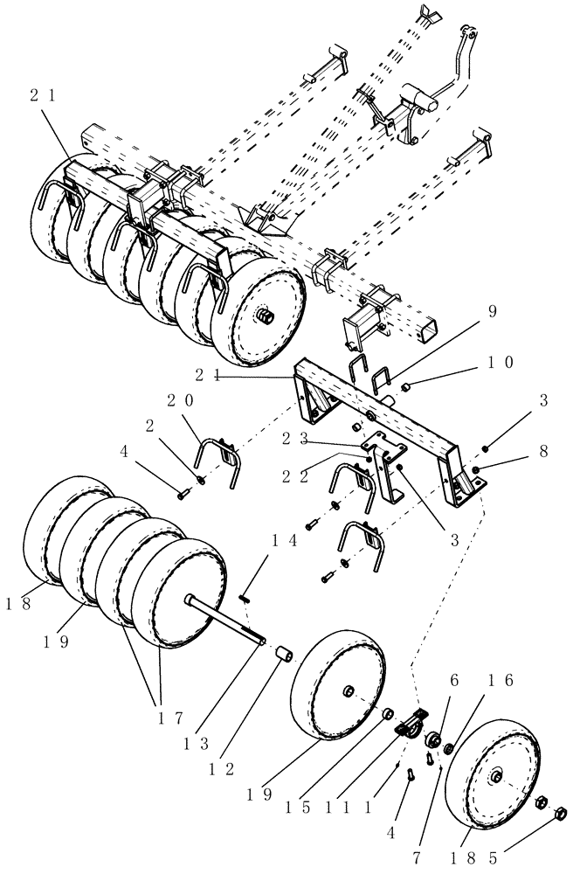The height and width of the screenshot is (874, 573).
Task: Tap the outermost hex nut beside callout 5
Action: coord(562,815)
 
